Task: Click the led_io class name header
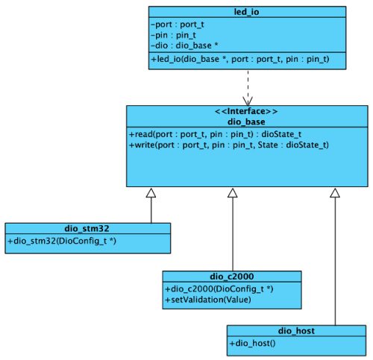click(x=247, y=12)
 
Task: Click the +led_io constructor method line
click(x=239, y=58)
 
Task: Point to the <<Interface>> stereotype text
click(x=247, y=112)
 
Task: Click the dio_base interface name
click(x=247, y=121)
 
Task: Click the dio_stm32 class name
click(x=87, y=229)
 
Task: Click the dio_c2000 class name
click(x=232, y=277)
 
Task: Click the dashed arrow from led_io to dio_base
click(x=247, y=86)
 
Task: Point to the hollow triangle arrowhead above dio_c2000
click(x=232, y=193)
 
